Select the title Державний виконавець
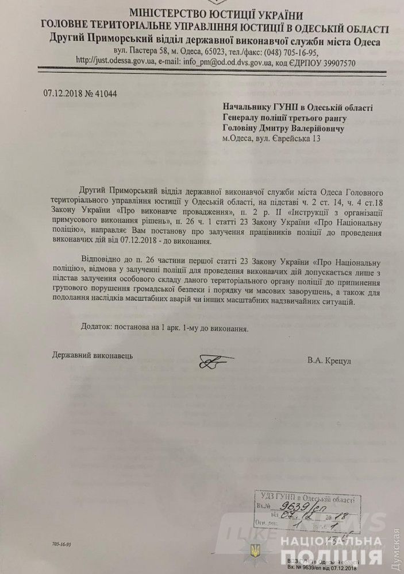click(x=92, y=355)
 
